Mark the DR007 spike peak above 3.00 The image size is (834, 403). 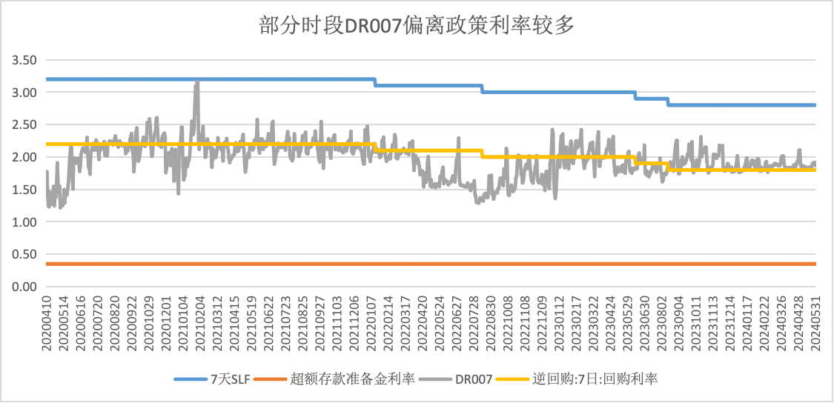tap(197, 81)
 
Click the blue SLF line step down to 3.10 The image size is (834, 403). tap(375, 82)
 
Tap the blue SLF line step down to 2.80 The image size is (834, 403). tap(668, 101)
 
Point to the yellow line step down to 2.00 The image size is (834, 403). tap(482, 153)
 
